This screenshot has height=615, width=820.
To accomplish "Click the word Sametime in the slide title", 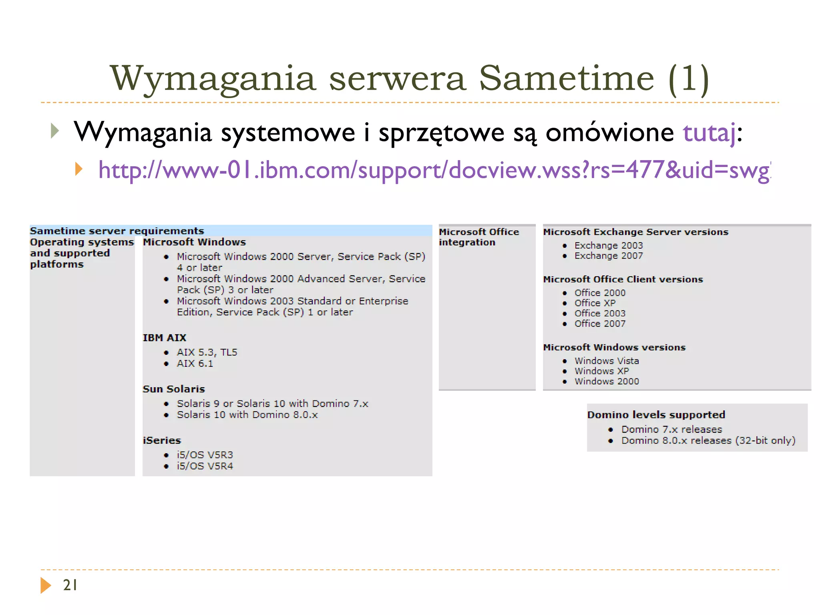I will tap(566, 78).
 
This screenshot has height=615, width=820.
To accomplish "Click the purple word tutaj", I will tap(709, 133).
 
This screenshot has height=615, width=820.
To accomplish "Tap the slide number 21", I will tap(70, 585).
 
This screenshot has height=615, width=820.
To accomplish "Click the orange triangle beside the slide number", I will tap(46, 585).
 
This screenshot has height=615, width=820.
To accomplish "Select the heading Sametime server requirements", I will tap(117, 231).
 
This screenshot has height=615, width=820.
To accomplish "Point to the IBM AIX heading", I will tap(165, 338).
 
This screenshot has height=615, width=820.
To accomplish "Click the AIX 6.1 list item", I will tap(195, 363).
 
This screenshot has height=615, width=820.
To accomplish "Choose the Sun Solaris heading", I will tap(174, 389).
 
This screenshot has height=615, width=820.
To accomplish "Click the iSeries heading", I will tap(162, 440).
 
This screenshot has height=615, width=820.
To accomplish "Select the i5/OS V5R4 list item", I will tap(205, 466).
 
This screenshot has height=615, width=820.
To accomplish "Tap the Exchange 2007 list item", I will tap(609, 255).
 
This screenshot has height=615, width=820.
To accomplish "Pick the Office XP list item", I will tap(595, 303).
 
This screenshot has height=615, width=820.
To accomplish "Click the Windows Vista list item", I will tap(607, 361).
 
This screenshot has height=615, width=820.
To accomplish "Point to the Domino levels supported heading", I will tap(656, 414).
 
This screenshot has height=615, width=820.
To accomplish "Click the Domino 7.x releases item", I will tap(671, 429).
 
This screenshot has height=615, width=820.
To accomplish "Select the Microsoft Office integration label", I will tap(479, 237).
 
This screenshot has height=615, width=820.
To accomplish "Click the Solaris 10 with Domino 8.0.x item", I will tap(247, 414).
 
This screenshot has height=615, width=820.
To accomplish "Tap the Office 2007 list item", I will tap(600, 324).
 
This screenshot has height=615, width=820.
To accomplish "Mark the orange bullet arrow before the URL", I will tap(79, 169).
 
